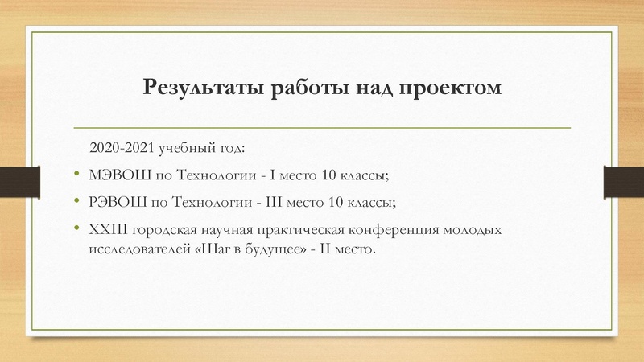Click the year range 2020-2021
pyautogui.click(x=122, y=149)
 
